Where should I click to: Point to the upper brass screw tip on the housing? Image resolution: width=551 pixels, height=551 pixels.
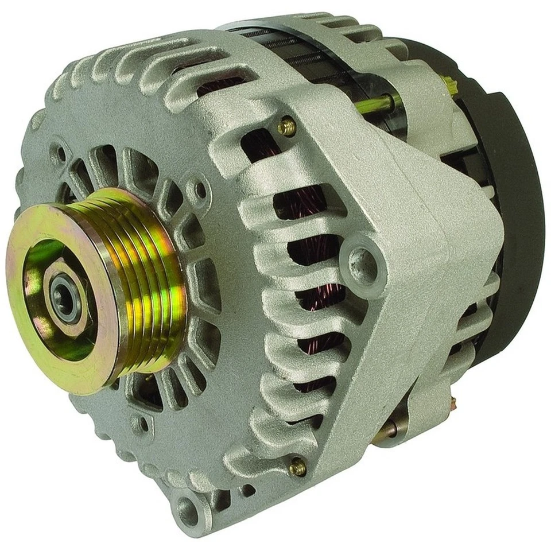click(287, 126)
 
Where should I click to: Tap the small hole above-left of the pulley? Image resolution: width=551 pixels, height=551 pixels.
click(60, 154)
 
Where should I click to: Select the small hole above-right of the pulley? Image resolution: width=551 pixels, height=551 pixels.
click(200, 189)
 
